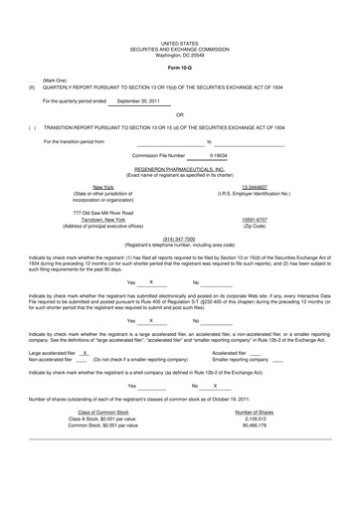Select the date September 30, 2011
coord(140,100)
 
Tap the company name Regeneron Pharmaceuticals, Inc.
coord(180,169)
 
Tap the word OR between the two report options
coord(179,114)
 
